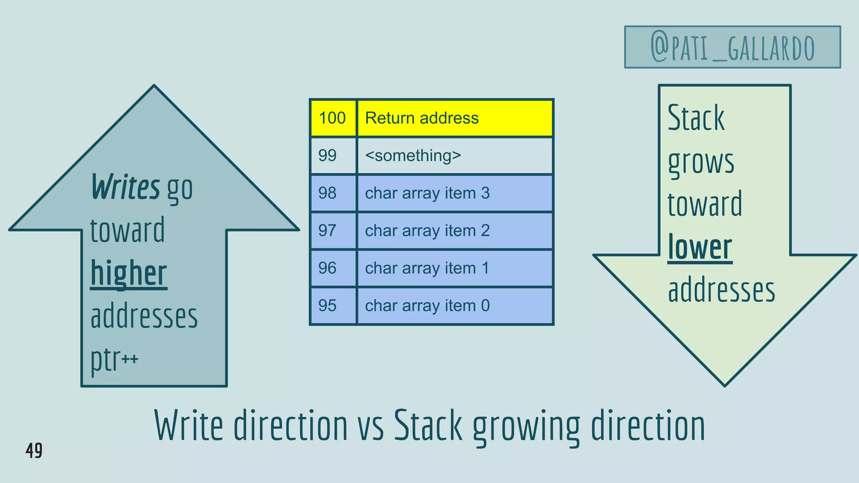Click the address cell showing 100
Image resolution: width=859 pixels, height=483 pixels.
click(x=333, y=118)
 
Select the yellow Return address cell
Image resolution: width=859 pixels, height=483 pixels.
click(x=455, y=118)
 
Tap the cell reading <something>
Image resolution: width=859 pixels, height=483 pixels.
click(x=455, y=156)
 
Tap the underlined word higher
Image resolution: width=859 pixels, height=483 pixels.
click(x=129, y=273)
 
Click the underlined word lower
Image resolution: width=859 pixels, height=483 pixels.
click(x=700, y=248)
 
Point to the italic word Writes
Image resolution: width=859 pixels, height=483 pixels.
click(x=125, y=187)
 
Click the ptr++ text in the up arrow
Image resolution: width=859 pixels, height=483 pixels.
click(x=114, y=359)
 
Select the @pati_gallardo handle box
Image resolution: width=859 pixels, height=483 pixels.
click(x=732, y=47)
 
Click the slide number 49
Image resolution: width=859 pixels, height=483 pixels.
click(x=34, y=451)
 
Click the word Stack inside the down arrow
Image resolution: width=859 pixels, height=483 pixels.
click(x=696, y=118)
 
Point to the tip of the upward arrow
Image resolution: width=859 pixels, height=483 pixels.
click(x=154, y=87)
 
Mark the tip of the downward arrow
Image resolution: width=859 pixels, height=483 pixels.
click(x=725, y=384)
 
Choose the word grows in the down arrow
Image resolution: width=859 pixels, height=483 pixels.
click(x=701, y=162)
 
